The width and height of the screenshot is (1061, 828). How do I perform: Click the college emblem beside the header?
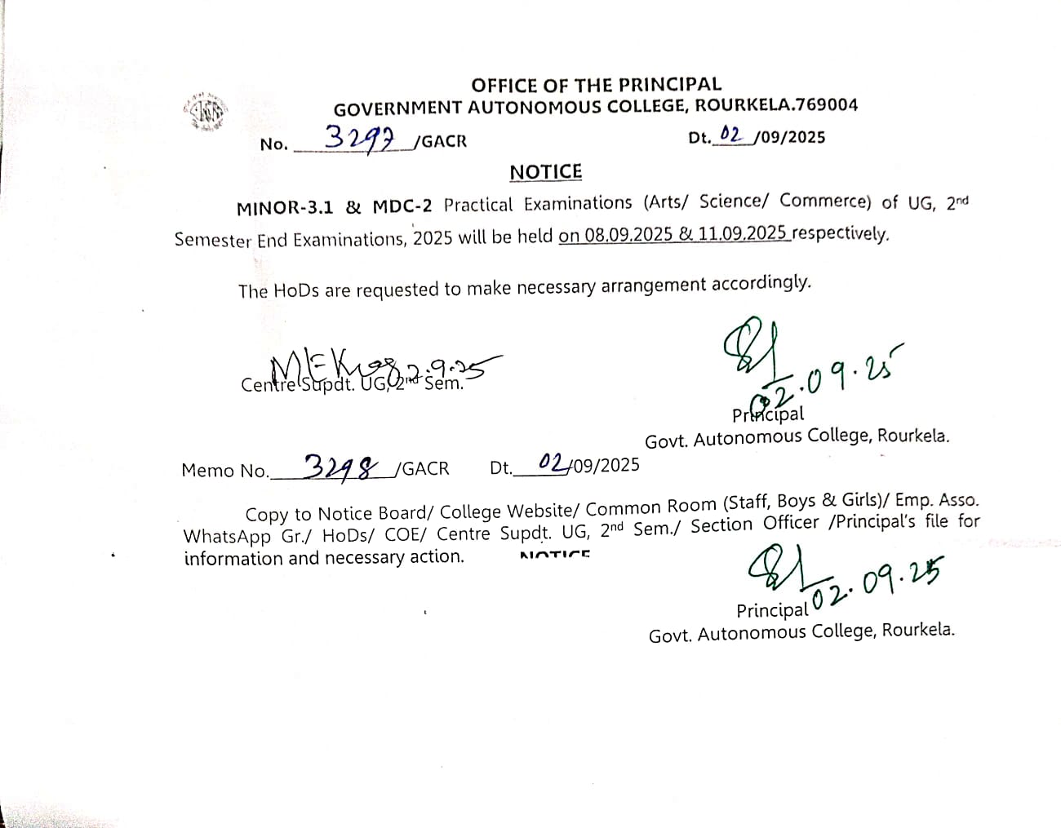point(205,112)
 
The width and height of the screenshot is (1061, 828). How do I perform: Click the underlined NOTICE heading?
point(545,172)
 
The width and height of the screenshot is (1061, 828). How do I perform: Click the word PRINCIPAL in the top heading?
point(669,84)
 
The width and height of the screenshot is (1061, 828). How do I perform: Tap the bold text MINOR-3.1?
point(285,208)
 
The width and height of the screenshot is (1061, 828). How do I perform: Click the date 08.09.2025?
point(628,235)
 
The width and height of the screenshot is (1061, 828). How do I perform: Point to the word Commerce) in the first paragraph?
point(825,201)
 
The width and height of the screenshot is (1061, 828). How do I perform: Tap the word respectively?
point(841,233)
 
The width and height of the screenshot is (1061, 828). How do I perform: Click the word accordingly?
point(761,283)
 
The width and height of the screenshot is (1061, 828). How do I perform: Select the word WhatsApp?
point(227,537)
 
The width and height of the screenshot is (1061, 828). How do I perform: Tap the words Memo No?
point(224,471)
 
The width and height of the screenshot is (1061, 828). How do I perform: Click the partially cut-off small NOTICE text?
point(555,555)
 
